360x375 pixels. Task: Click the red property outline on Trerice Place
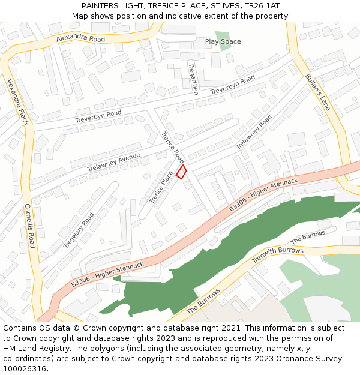point(181,172)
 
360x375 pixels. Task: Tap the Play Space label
point(223,42)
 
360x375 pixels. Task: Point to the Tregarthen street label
point(193,79)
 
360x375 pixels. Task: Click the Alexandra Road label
point(80,38)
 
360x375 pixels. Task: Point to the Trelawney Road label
point(254,132)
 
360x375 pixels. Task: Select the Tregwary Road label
point(79,230)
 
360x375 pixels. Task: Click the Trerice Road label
point(173,148)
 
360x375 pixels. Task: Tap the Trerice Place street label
point(161,187)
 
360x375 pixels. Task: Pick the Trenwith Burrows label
point(277,255)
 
